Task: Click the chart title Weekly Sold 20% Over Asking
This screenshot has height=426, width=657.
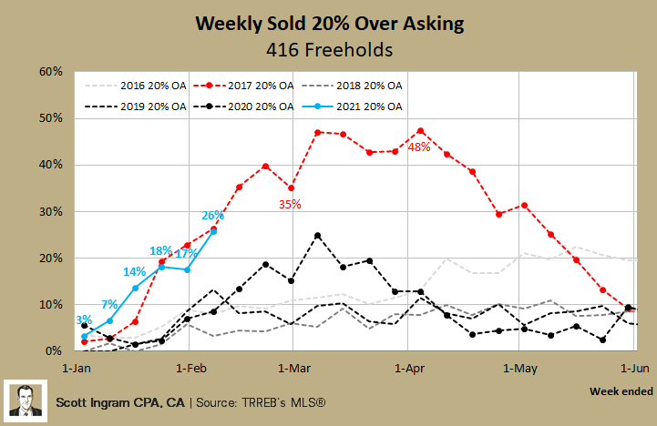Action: pos(328,21)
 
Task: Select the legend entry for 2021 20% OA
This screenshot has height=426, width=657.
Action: pos(366,106)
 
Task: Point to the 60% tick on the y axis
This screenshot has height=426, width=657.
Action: pos(49,72)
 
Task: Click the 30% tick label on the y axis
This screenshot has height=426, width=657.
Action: pos(49,211)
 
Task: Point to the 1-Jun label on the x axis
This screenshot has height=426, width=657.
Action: pos(634,370)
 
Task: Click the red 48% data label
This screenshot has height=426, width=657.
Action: pos(419,147)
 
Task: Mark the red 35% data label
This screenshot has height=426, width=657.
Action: pos(290,205)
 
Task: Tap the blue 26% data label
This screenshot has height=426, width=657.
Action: pos(212,216)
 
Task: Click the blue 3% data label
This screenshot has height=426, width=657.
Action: pos(82,319)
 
